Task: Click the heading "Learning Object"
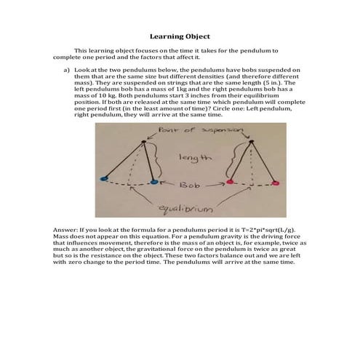tap(180, 35)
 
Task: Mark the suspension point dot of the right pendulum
tap(252, 141)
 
